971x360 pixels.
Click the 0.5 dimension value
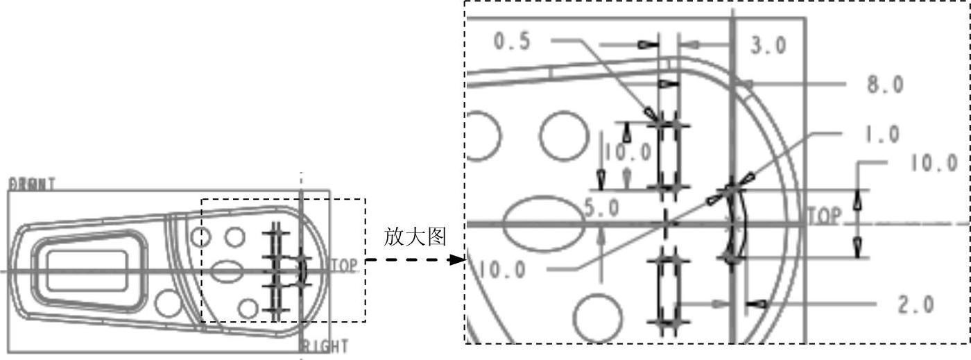click(511, 42)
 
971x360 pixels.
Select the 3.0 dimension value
click(768, 46)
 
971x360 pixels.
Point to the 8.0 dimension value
click(885, 85)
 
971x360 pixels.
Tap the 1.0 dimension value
click(882, 135)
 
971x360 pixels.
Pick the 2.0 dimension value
click(916, 305)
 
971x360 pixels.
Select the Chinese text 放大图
click(414, 237)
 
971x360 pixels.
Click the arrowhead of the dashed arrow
click(457, 260)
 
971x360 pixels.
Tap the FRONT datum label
click(32, 184)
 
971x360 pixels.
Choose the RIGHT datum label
click(325, 346)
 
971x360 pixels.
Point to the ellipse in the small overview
click(225, 271)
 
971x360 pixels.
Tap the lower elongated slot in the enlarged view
click(667, 291)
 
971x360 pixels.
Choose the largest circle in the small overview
click(169, 303)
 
